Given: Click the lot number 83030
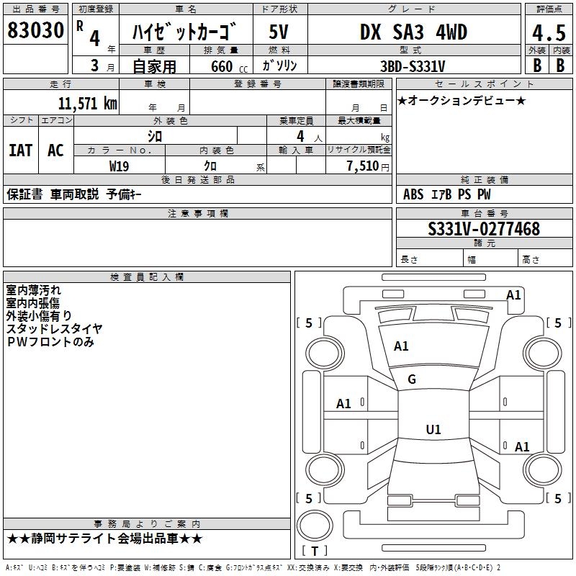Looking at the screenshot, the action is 35,31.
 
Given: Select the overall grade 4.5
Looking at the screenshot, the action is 548,33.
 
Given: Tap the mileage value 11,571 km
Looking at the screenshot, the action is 87,104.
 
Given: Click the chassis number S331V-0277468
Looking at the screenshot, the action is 483,229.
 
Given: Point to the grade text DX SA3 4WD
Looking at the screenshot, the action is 413,32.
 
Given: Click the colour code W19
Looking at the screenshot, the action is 120,166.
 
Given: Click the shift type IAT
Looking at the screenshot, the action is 20,150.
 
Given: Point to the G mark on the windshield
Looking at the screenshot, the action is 412,379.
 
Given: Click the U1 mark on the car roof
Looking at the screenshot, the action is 433,430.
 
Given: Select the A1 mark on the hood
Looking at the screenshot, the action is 401,346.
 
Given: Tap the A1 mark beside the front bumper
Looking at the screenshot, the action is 513,294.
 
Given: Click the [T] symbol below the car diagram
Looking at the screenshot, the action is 314,551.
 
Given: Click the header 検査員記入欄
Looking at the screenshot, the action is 147,277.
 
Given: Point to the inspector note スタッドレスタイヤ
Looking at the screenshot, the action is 55,328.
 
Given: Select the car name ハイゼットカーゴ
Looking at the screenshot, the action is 185,32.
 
